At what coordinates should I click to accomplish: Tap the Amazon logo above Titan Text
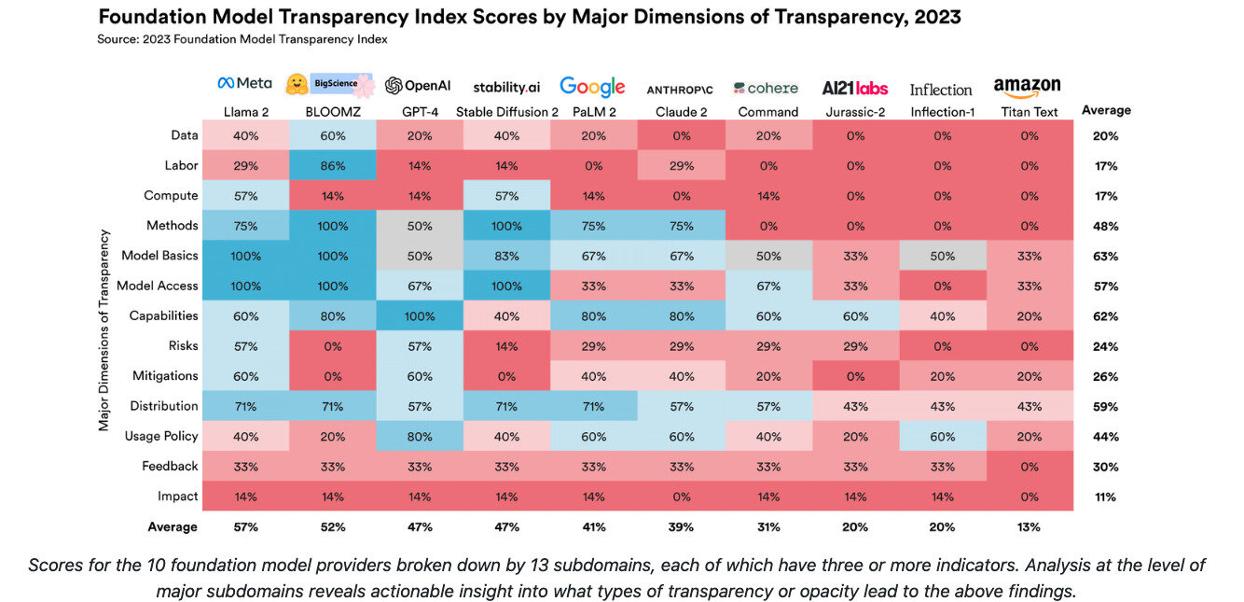[x=1027, y=87]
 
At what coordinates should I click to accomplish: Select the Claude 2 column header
[x=680, y=112]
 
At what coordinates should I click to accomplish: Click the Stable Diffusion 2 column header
[x=506, y=112]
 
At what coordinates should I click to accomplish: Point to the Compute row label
[x=171, y=196]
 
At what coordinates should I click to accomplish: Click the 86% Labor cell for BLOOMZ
[x=333, y=165]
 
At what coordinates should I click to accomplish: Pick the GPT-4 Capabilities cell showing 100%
[x=420, y=315]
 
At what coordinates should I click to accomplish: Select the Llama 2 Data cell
[x=246, y=135]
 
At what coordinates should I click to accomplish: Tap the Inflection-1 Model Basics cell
[x=941, y=256]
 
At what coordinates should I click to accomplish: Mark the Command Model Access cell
[x=767, y=286]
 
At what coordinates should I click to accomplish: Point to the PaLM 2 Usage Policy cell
[x=593, y=436]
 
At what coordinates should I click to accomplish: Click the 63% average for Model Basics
[x=1105, y=256]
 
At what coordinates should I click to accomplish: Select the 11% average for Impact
[x=1105, y=497]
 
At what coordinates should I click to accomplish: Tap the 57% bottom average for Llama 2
[x=246, y=526]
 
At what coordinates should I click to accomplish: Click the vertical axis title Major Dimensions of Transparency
[x=104, y=330]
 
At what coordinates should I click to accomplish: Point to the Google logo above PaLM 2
[x=592, y=87]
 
